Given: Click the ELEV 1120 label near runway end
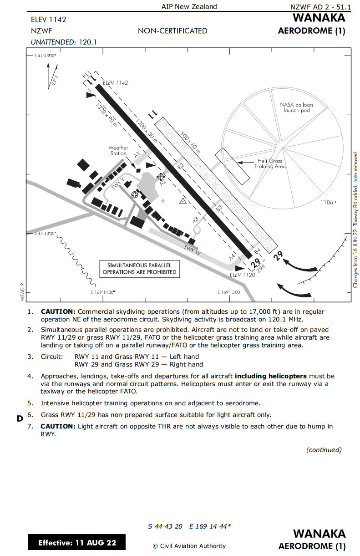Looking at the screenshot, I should pos(243,275).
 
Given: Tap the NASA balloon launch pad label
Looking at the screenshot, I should pos(296,107).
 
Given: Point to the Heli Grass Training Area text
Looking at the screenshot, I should pos(270,163).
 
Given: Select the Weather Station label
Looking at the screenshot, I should pos(118,151).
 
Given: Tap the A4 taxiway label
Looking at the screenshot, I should pos(232,256).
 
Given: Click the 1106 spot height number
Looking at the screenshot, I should pos(327,202).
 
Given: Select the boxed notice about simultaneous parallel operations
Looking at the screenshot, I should pos(139,269).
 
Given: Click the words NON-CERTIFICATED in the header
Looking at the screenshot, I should pos(172,31).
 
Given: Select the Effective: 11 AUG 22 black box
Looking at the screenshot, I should pos(76,542).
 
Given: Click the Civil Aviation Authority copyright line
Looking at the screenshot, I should pos(189,546).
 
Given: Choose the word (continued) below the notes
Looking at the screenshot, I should pos(324,450).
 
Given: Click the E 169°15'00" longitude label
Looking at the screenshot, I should pos(230,292).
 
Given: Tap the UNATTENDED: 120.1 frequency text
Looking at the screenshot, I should pos(64,42).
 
